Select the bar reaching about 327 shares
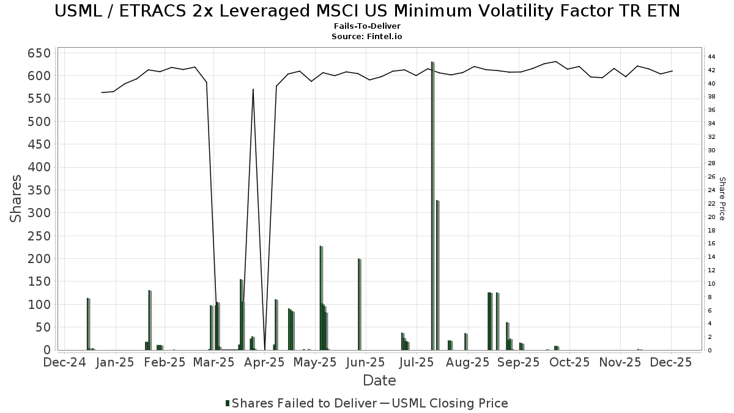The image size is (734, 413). [437, 275]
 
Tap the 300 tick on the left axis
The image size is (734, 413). [38, 213]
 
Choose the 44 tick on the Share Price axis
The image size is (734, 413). [712, 56]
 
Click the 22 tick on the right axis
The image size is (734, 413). [712, 204]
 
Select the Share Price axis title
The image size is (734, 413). [722, 199]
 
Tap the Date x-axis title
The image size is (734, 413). [379, 381]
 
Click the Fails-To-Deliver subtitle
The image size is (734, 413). [367, 27]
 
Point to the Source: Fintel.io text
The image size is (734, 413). [367, 36]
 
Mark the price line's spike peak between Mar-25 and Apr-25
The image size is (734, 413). [253, 89]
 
